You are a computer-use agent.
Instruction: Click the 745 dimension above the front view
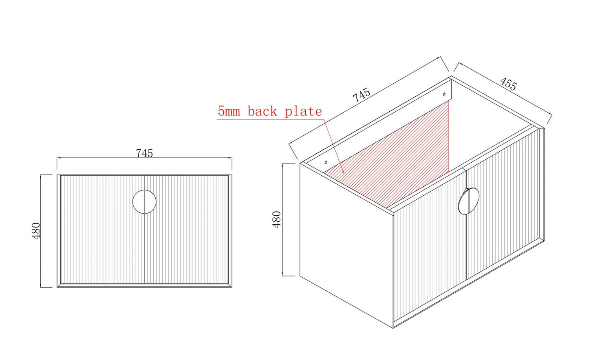[x=144, y=153]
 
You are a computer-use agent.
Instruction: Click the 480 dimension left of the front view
[x=36, y=231]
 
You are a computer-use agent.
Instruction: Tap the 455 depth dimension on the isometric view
[x=508, y=84]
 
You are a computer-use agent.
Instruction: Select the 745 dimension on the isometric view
[x=361, y=95]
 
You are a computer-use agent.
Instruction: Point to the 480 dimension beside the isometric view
[x=277, y=219]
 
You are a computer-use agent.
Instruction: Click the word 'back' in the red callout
[x=262, y=111]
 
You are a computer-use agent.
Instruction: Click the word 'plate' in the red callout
[x=303, y=112]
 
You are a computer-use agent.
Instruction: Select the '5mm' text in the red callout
[x=229, y=111]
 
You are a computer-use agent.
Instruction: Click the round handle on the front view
[x=144, y=202]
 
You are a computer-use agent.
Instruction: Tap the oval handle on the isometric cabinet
[x=468, y=201]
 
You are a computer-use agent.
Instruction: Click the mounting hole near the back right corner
[x=444, y=94]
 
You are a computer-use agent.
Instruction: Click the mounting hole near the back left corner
[x=326, y=163]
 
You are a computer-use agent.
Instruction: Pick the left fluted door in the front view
[x=103, y=229]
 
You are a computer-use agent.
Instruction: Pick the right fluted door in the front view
[x=186, y=229]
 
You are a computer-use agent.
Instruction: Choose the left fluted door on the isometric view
[x=430, y=246]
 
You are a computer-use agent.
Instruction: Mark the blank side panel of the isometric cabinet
[x=346, y=245]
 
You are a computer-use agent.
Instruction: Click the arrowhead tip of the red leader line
[x=344, y=174]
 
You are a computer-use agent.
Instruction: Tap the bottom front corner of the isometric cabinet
[x=393, y=328]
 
